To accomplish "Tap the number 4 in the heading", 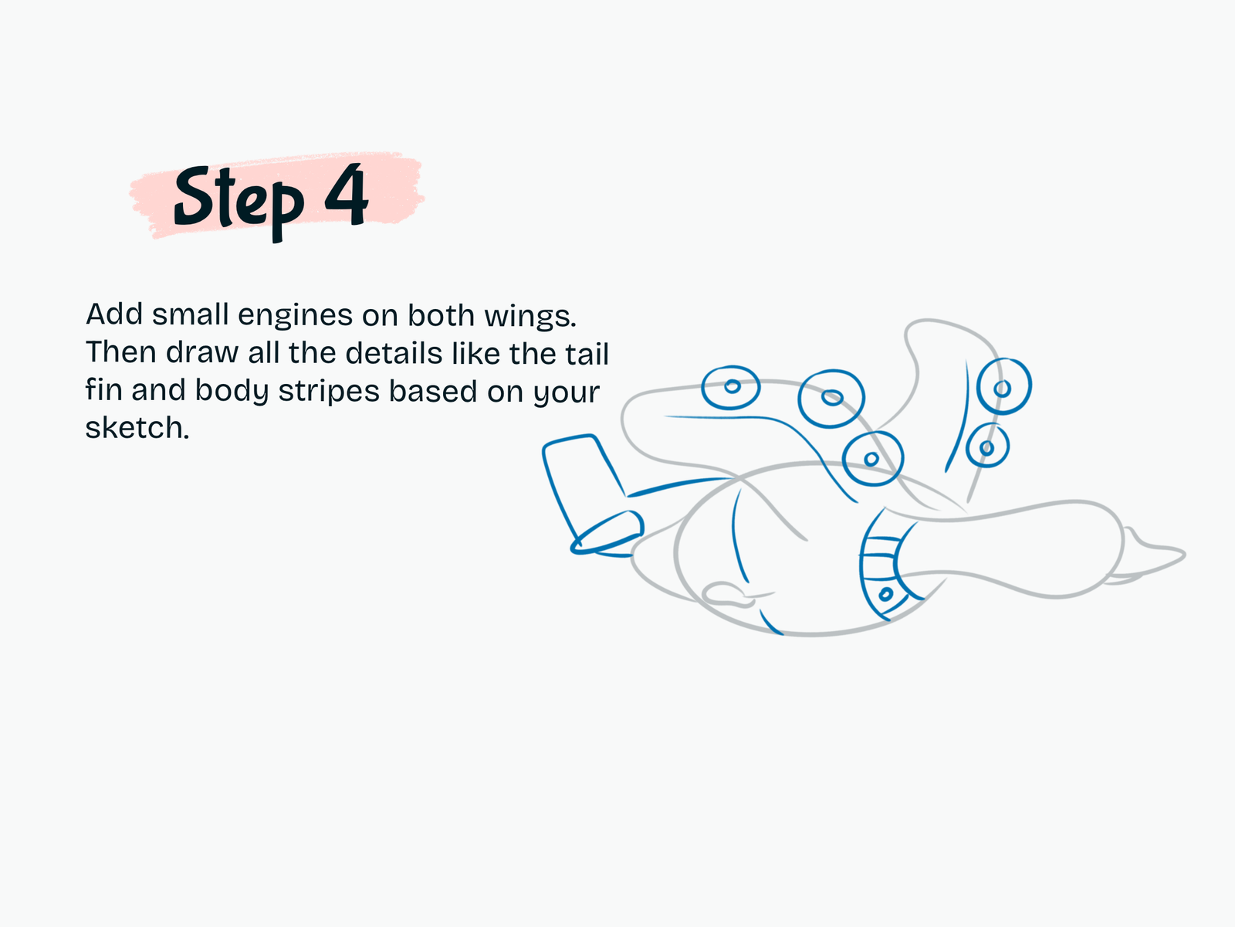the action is click(347, 195).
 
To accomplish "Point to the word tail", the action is click(587, 354).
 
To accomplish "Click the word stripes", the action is click(329, 392).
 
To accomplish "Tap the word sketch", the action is click(137, 428).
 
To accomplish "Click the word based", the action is click(433, 390).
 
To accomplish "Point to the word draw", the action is click(202, 354).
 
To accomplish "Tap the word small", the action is click(190, 314).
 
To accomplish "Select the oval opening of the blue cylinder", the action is click(607, 532).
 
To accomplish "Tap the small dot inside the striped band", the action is click(885, 594).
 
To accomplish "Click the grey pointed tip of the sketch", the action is click(1183, 555).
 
